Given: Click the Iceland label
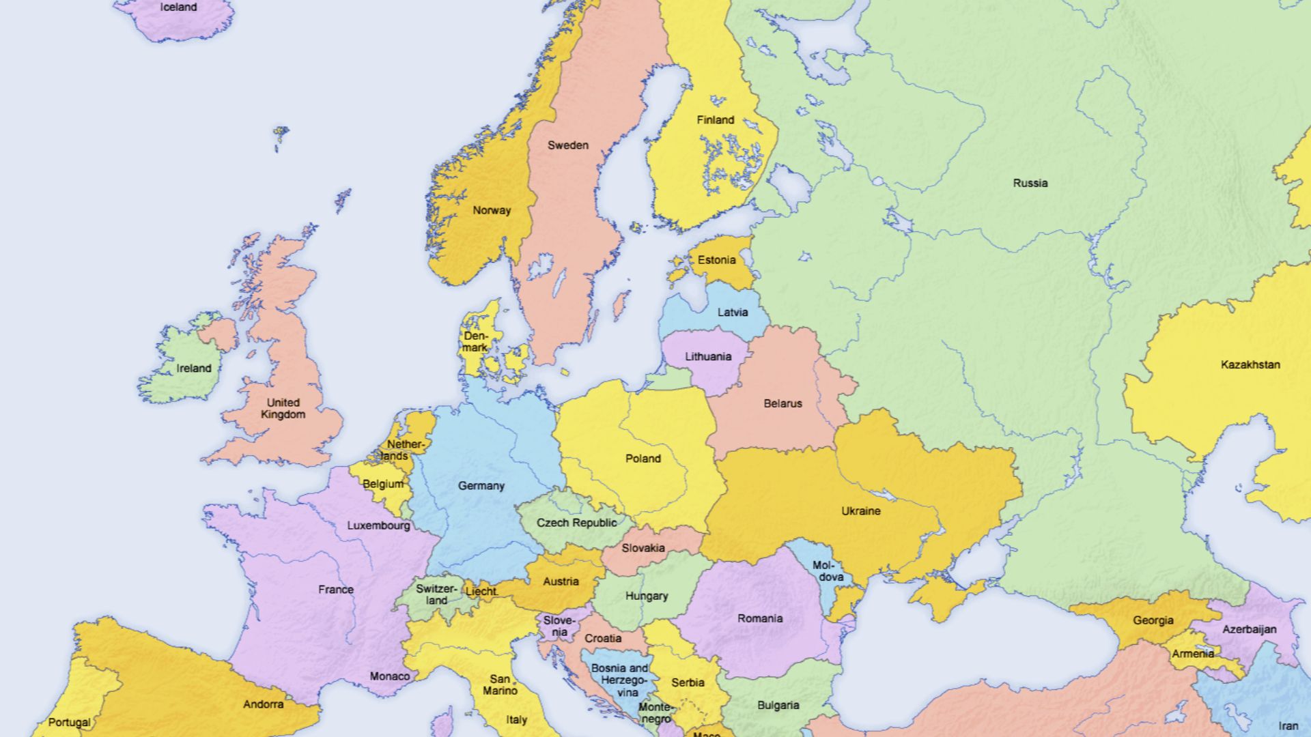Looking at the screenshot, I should (x=178, y=8).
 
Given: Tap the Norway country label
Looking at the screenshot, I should (x=492, y=210).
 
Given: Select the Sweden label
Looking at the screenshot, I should (x=567, y=145).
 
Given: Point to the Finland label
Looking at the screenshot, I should (x=715, y=120).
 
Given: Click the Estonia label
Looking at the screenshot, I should (x=716, y=260).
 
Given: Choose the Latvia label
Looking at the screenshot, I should (x=732, y=313).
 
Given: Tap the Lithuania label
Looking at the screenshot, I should (x=708, y=356).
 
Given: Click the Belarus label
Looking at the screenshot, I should (x=783, y=403).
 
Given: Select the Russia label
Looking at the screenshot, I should (x=1030, y=183).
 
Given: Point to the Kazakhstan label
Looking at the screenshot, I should (x=1250, y=364).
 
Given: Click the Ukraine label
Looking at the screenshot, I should (x=860, y=511).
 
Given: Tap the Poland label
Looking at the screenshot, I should (x=643, y=459).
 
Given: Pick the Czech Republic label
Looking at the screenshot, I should (x=576, y=523).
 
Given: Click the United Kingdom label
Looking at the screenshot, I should (x=283, y=408).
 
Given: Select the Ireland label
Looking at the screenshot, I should (x=194, y=369).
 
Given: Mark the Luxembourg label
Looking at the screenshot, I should (x=378, y=525).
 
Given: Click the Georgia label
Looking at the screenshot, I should (x=1153, y=620).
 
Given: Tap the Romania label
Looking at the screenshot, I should (x=759, y=618).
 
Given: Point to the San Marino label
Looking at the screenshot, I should (x=500, y=684).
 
